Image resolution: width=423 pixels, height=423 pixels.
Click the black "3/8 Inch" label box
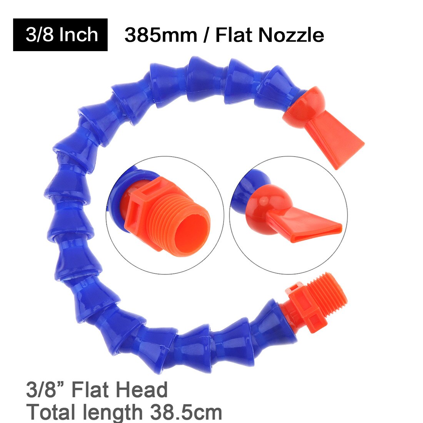(60, 35)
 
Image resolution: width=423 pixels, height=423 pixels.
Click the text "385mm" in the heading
(161, 35)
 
